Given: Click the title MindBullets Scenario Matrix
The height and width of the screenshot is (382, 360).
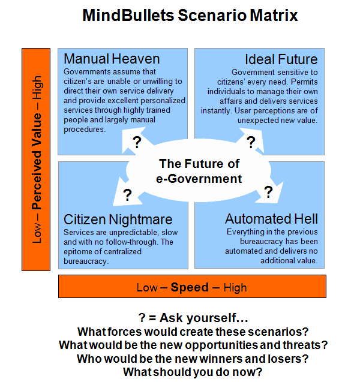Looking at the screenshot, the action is [190, 16].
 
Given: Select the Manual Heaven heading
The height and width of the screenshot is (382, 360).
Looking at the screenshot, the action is [112, 59].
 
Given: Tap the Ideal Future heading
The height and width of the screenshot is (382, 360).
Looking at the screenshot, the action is [281, 59].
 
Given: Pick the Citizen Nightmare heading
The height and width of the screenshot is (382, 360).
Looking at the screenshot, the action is [118, 219].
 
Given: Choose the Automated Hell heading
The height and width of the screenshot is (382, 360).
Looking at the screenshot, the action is [271, 219].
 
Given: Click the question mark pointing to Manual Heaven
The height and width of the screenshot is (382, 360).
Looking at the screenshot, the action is [137, 142].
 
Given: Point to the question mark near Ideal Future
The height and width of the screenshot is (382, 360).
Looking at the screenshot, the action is [251, 142].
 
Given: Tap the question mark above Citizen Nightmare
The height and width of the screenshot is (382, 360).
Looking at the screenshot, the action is [127, 195].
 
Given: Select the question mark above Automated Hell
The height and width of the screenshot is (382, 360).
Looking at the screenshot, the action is [268, 192].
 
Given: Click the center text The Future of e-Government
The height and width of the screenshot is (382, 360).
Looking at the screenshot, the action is [199, 172].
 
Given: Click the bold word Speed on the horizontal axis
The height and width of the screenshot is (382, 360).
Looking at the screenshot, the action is [190, 287].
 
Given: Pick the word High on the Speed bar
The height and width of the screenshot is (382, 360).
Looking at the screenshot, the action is [235, 288].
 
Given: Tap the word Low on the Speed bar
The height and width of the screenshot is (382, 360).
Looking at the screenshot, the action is [147, 288].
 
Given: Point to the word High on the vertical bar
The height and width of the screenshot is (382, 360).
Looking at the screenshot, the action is [37, 88].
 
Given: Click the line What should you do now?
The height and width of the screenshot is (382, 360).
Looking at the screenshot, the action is [193, 372].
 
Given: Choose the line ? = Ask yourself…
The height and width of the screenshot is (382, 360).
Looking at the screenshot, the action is [193, 318].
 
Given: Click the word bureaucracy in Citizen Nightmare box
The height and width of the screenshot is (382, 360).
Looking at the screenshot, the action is [85, 261].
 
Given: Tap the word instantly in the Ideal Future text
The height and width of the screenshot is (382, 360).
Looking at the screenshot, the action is [217, 111].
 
